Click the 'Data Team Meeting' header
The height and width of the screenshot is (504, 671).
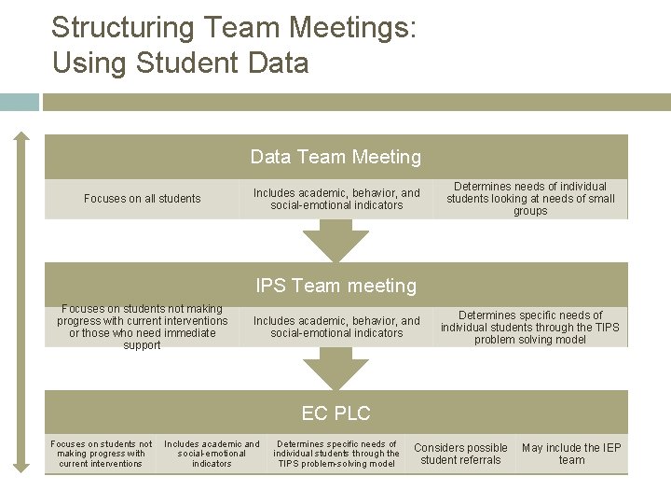click(x=335, y=157)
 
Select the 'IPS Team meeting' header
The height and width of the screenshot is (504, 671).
click(x=335, y=286)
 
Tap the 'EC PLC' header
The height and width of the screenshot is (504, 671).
click(x=335, y=413)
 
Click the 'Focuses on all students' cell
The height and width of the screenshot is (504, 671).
click(x=142, y=199)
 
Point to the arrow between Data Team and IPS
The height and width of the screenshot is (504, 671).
click(x=336, y=241)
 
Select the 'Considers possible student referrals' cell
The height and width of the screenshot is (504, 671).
click(x=460, y=454)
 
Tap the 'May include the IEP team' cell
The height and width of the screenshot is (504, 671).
click(x=571, y=454)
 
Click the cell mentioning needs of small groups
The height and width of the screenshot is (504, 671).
click(x=530, y=199)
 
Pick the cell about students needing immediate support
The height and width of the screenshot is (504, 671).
click(x=142, y=327)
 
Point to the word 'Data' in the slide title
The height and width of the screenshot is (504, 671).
click(x=274, y=63)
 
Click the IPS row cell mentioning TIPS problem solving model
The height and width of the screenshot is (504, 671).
click(x=530, y=327)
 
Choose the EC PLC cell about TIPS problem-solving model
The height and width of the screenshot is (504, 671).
click(x=336, y=454)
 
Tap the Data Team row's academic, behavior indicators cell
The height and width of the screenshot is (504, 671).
click(x=336, y=199)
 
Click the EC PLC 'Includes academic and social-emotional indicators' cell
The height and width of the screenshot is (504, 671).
click(x=212, y=454)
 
